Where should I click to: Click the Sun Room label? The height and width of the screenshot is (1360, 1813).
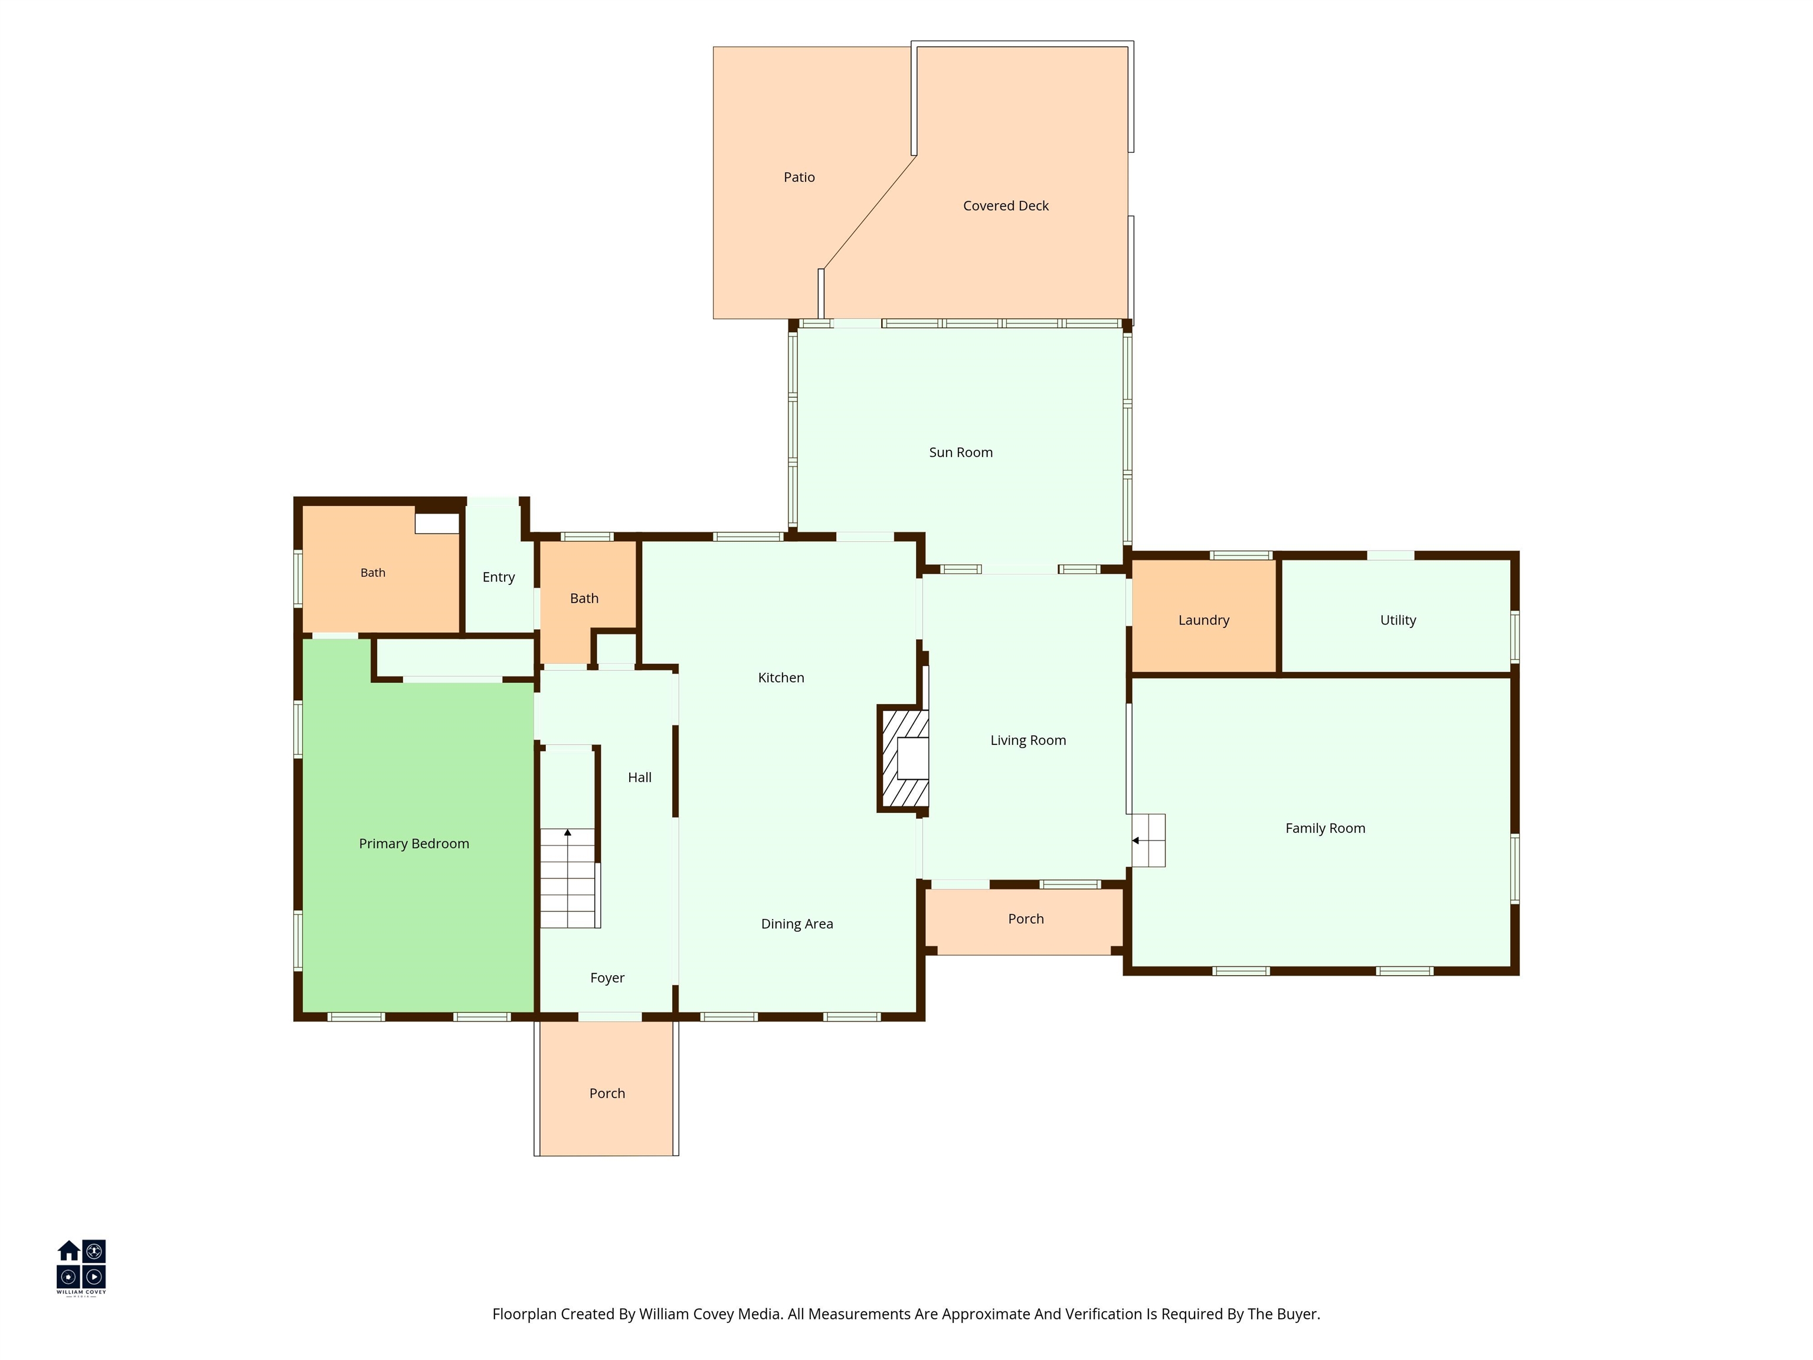click(x=961, y=453)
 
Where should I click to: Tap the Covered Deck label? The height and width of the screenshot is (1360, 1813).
click(x=1006, y=206)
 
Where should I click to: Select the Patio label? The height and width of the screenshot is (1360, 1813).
click(x=799, y=177)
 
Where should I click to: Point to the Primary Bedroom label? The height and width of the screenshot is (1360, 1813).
click(x=414, y=844)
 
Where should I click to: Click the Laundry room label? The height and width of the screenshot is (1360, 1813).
click(x=1204, y=620)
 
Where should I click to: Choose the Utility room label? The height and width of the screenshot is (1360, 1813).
click(x=1398, y=620)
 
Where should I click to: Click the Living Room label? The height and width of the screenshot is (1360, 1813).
click(x=1028, y=741)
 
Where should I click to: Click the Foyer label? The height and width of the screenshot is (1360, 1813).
click(x=607, y=979)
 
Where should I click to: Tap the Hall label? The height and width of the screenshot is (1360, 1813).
click(x=639, y=778)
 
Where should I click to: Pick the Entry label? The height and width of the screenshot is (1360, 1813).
click(x=498, y=578)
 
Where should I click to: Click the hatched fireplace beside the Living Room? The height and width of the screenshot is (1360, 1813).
click(x=903, y=759)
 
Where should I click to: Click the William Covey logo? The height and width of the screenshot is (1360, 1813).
click(x=81, y=1267)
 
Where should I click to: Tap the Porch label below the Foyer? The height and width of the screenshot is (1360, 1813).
click(x=607, y=1094)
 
